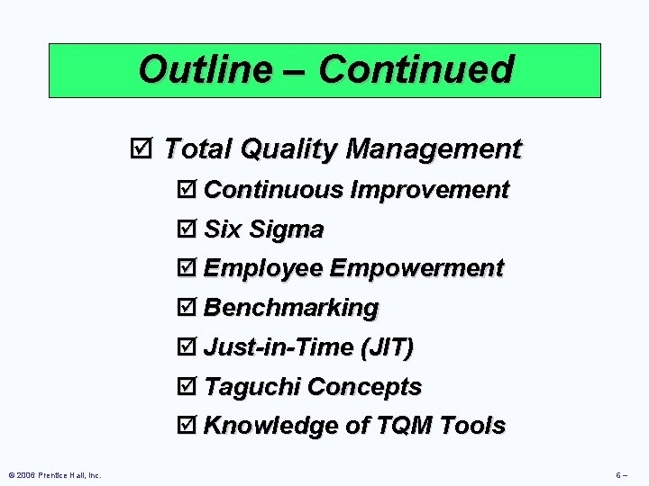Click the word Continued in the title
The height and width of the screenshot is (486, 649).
click(416, 69)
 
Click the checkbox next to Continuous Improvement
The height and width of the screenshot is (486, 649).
click(187, 191)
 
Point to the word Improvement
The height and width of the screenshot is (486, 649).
click(430, 191)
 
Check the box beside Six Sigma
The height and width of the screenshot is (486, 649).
click(187, 230)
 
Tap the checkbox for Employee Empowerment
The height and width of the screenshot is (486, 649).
click(187, 269)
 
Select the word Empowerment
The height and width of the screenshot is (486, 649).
click(416, 269)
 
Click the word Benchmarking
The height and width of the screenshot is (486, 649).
click(291, 309)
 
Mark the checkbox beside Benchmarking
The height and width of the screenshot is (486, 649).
click(187, 309)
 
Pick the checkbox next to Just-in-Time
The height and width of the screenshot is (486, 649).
click(187, 347)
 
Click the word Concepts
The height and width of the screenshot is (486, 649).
click(364, 387)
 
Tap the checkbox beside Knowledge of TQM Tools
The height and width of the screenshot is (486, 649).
click(187, 427)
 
